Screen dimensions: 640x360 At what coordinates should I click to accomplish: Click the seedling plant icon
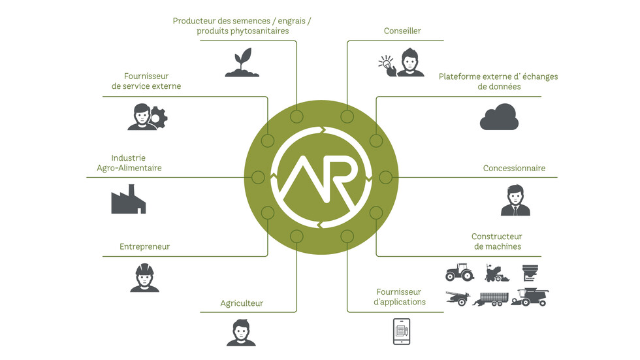coord(242,63)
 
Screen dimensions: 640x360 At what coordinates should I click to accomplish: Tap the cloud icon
coord(499,117)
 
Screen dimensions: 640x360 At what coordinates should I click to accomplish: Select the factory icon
coord(129,199)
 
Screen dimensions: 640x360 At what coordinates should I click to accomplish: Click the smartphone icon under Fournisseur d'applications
coord(402,331)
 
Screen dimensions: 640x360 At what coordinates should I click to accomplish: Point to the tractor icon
coord(460,272)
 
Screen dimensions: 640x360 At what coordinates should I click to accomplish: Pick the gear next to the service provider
coord(157,118)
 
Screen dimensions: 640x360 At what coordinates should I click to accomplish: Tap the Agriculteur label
coord(242,303)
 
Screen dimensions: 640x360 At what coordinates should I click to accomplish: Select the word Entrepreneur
coord(144,246)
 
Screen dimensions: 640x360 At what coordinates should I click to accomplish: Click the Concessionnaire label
coord(515,168)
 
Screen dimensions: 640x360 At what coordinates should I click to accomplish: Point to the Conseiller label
coord(402,31)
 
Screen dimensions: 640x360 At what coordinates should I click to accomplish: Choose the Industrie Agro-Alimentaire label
coord(129,163)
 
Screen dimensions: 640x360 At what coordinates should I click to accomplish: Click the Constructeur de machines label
coord(497,241)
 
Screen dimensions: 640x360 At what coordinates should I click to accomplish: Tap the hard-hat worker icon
coord(144,278)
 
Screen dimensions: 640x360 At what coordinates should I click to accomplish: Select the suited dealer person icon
coord(515,200)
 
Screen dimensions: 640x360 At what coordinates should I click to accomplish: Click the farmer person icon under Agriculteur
coord(241,333)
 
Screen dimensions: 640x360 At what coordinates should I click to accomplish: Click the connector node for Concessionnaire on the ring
coord(386,177)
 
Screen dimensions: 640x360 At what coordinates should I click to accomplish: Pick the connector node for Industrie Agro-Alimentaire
coord(258,177)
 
